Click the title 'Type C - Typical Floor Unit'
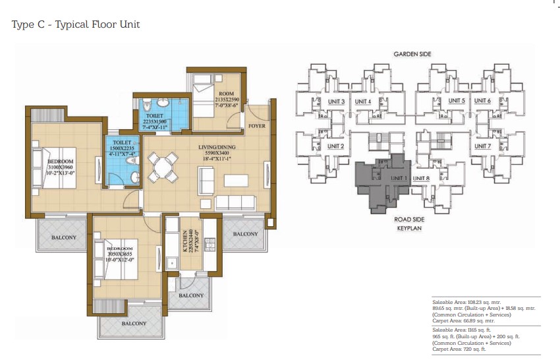76,24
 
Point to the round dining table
163,167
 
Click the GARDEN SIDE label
412,54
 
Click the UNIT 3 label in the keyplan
336,102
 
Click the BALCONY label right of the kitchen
245,234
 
